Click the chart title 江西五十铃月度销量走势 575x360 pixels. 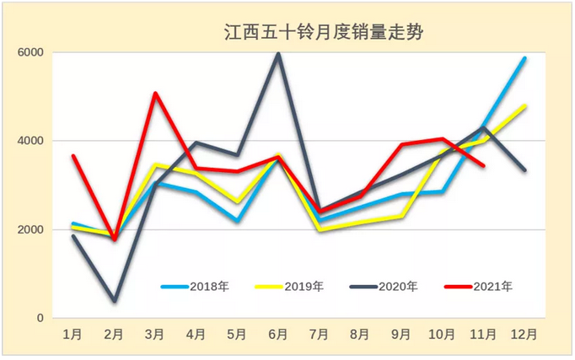[x=323, y=33]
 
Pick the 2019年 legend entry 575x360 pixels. [x=290, y=287]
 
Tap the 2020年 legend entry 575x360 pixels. [x=384, y=287]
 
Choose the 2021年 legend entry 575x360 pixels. [x=478, y=287]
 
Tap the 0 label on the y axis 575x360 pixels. [x=39, y=319]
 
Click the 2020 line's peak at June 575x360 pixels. [x=278, y=53]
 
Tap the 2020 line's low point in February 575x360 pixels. [x=115, y=301]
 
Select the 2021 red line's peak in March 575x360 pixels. [x=156, y=93]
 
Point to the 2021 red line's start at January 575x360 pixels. [x=73, y=156]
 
